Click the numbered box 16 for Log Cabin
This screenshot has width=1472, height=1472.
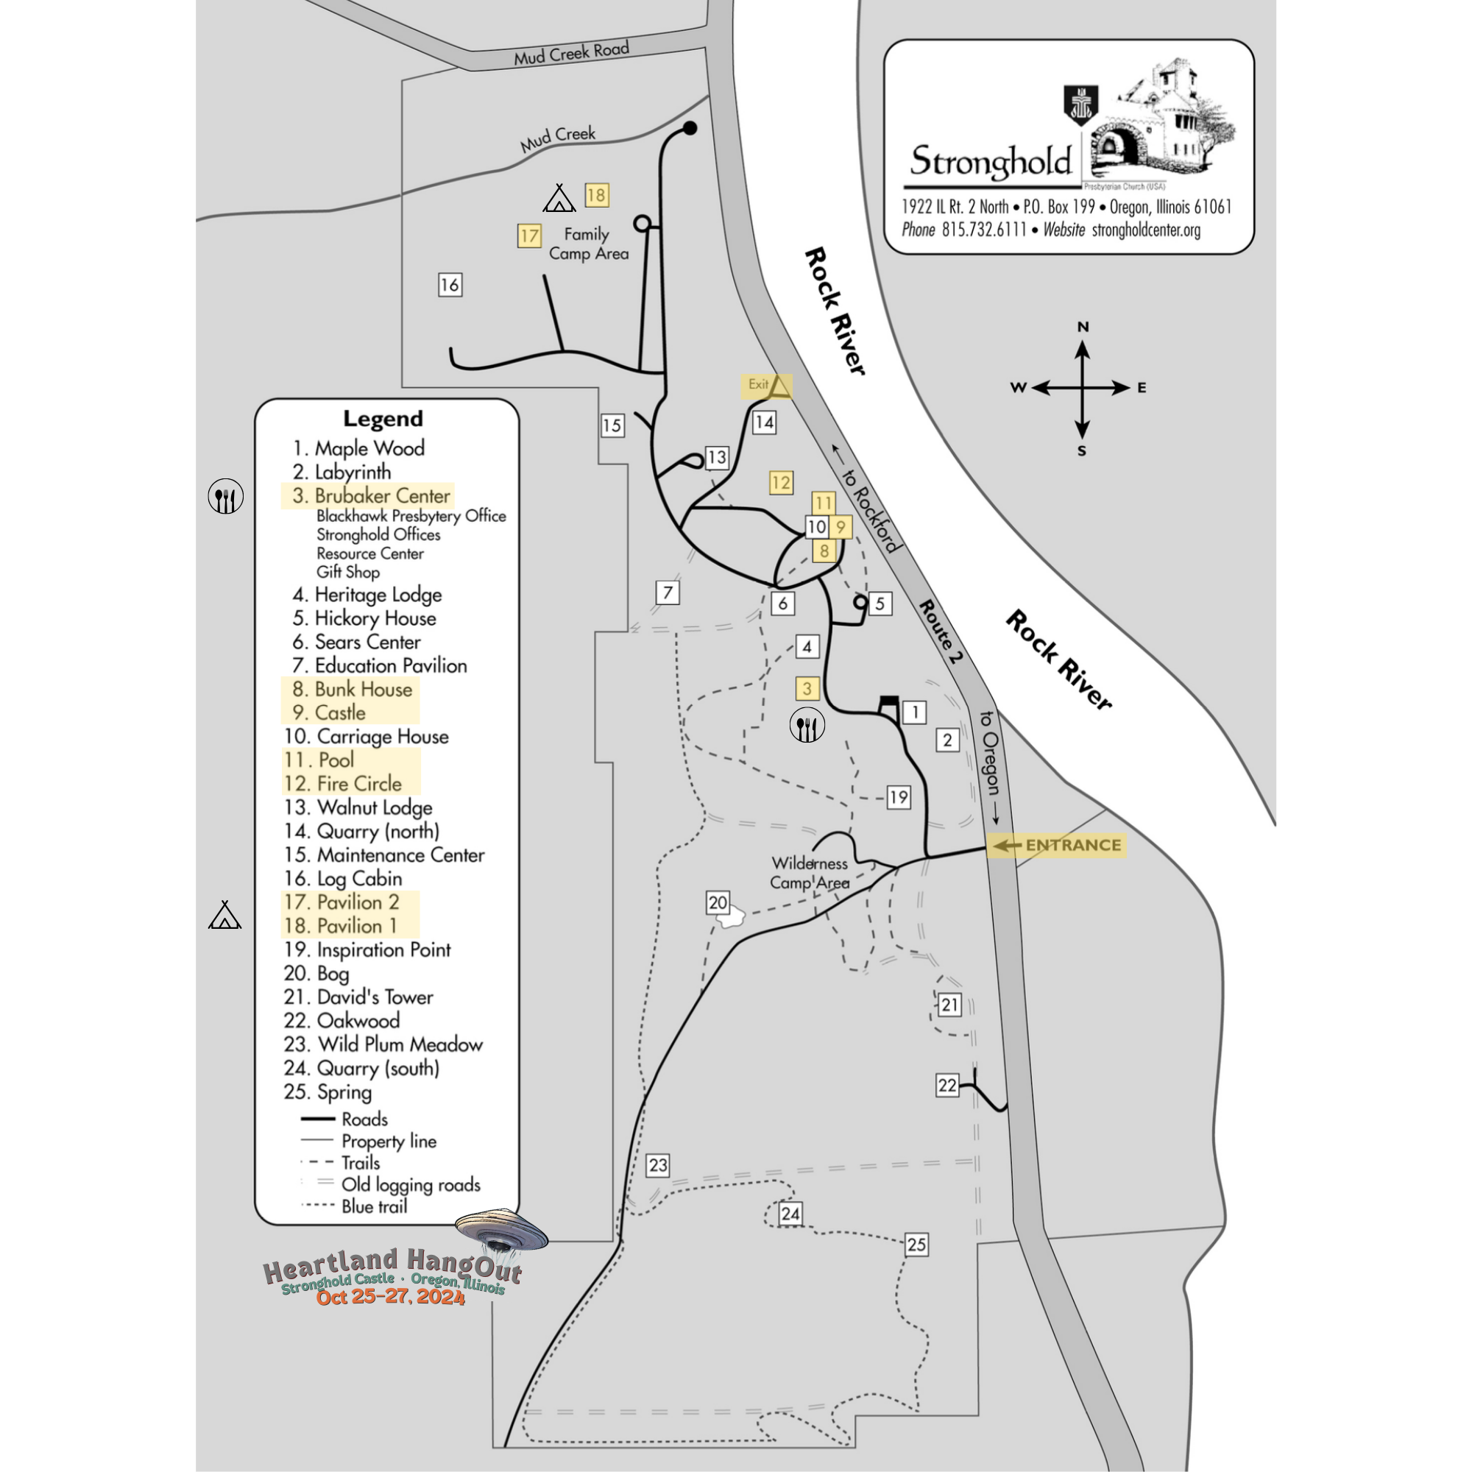click(x=450, y=285)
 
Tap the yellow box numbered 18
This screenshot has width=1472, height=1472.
click(x=596, y=195)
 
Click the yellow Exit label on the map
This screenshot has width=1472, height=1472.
click(x=765, y=386)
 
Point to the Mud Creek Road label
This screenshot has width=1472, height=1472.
click(x=570, y=52)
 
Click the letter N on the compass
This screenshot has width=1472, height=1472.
click(x=1083, y=327)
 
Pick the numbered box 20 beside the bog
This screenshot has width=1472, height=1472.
click(x=718, y=903)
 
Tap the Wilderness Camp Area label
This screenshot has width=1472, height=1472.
click(x=809, y=873)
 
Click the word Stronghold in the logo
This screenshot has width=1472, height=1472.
click(x=991, y=161)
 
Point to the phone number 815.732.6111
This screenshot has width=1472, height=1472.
click(x=984, y=230)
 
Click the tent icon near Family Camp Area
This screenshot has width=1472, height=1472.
click(x=559, y=199)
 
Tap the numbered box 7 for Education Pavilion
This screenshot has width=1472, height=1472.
click(x=668, y=592)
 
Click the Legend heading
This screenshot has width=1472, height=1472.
click(x=383, y=418)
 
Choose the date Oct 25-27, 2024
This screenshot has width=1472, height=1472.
click(x=390, y=1297)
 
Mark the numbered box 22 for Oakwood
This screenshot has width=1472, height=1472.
click(x=947, y=1085)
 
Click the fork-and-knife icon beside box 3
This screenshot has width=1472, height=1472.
click(x=806, y=726)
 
